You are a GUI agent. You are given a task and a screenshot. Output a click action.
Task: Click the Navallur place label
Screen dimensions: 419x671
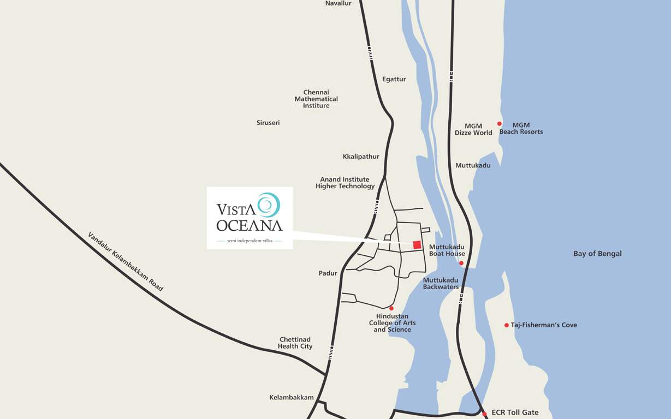click(x=338, y=3)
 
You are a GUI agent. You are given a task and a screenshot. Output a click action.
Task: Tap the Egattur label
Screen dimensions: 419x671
click(x=394, y=79)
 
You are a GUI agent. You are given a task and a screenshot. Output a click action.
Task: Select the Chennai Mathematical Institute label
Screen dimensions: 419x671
click(x=316, y=99)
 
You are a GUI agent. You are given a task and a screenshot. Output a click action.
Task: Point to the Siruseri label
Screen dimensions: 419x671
click(x=268, y=123)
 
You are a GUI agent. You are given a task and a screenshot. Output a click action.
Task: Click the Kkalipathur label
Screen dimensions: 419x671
click(x=361, y=157)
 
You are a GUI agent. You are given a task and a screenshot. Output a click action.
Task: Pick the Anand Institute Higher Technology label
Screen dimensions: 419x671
click(x=345, y=183)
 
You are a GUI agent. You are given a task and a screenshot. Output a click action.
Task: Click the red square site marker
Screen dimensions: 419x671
click(x=417, y=244)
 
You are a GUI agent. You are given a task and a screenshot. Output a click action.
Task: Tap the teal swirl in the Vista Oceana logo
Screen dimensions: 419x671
click(x=268, y=205)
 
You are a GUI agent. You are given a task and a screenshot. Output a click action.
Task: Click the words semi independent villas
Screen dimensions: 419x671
click(x=250, y=241)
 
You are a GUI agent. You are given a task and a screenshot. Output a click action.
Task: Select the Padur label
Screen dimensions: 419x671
click(x=328, y=273)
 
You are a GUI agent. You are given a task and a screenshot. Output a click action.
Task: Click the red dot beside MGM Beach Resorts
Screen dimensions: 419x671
click(x=499, y=124)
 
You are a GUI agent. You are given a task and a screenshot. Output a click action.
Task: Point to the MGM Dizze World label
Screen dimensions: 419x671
click(x=473, y=129)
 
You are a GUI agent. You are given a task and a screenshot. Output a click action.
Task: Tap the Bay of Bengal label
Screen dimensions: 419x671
click(x=597, y=254)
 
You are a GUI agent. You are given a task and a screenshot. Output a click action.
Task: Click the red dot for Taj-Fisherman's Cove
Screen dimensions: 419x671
click(x=506, y=325)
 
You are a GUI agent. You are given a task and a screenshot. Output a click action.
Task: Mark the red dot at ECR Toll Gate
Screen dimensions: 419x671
click(x=484, y=414)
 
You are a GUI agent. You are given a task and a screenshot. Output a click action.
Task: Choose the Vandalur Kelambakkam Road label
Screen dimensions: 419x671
click(x=126, y=261)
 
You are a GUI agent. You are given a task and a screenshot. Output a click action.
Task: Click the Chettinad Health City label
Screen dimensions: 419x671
click(x=295, y=343)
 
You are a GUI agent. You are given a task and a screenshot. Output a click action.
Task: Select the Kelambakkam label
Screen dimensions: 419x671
click(x=292, y=398)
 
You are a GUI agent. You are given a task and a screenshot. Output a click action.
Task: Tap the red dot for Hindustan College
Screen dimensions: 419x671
click(x=391, y=308)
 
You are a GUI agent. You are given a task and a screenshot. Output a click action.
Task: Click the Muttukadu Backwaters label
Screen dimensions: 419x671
click(x=441, y=283)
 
